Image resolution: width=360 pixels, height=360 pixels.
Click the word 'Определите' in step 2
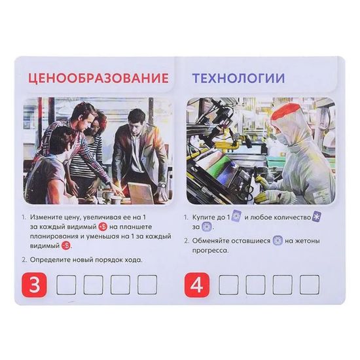pyautogui.click(x=52, y=260)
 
